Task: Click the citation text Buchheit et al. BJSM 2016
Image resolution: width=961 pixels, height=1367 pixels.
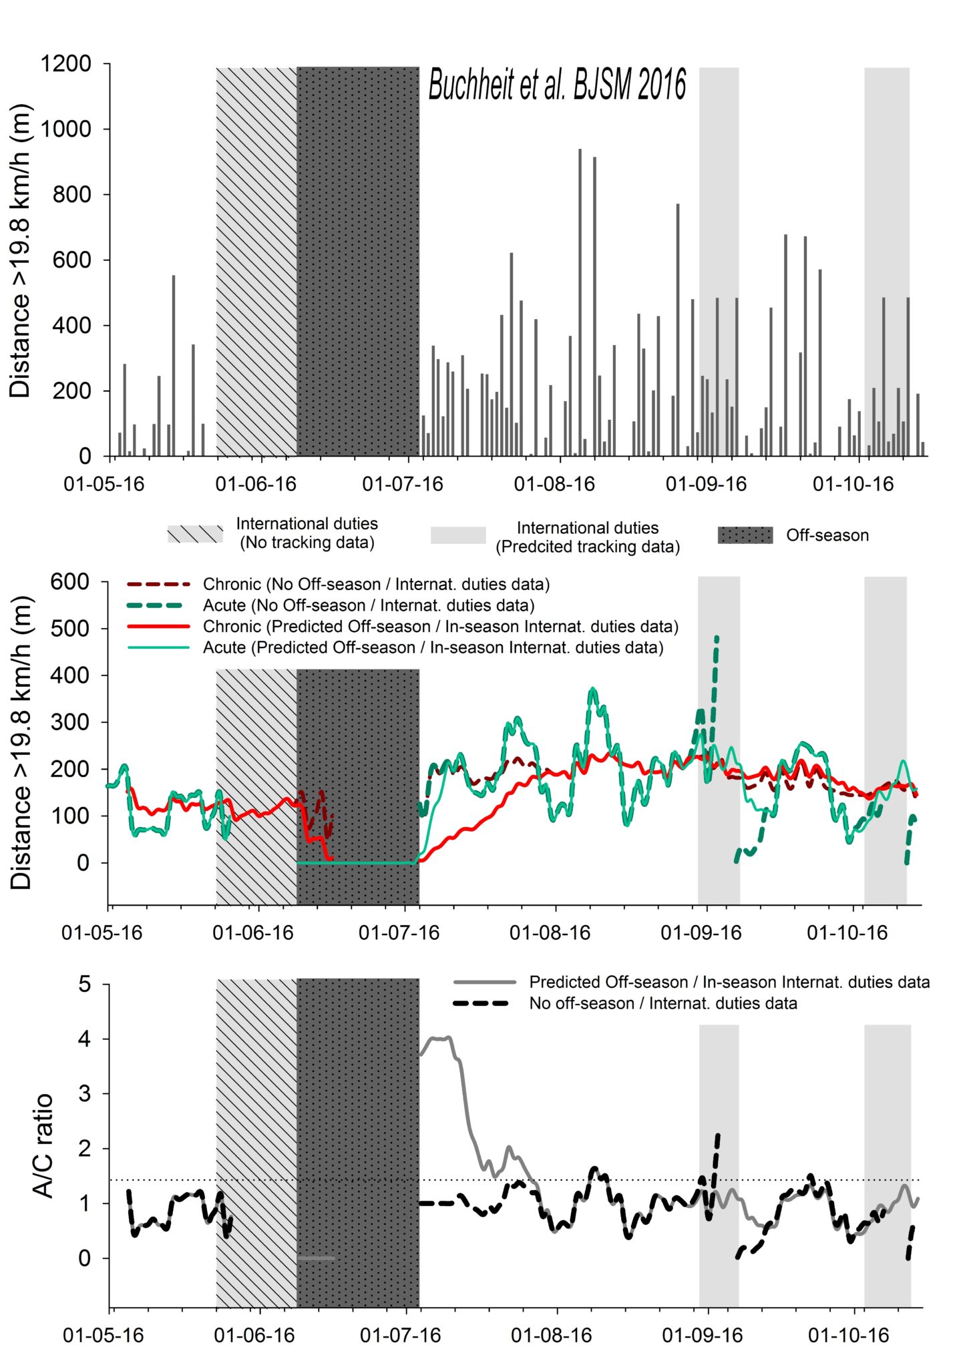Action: pos(557,85)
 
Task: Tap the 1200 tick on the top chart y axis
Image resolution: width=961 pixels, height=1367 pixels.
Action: pos(66,64)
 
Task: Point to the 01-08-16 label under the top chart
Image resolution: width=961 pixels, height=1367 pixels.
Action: pos(554,484)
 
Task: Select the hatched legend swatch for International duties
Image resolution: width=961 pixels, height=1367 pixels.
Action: pos(195,534)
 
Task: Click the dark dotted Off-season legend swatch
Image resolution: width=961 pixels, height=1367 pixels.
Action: pos(745,535)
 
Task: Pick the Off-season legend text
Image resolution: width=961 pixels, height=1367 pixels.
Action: pos(827,535)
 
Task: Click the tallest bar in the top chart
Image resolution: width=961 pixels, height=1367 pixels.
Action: pos(580,302)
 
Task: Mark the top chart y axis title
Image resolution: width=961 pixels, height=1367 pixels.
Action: pos(20,251)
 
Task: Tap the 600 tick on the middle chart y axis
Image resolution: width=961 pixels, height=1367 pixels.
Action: pos(70,581)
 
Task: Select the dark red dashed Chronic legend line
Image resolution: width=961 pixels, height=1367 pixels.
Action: pos(159,585)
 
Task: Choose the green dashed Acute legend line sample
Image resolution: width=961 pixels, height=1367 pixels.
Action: pos(159,605)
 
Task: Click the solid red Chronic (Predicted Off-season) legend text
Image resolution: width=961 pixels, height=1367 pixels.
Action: pos(441,627)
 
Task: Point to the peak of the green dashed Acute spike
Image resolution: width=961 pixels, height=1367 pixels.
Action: pos(717,637)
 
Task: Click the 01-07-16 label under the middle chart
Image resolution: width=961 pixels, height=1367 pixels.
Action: pos(399,932)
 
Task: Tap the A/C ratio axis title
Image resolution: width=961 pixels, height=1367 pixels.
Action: pos(43,1146)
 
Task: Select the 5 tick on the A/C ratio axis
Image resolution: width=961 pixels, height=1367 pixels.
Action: pos(84,985)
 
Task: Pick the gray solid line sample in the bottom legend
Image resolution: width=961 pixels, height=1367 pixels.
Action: pos(485,983)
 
